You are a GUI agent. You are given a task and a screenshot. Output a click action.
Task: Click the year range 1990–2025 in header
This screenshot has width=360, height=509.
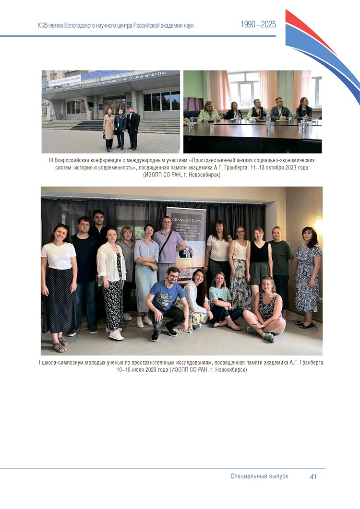pyautogui.click(x=258, y=25)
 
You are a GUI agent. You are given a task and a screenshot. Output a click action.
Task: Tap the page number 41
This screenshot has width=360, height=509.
pyautogui.click(x=313, y=476)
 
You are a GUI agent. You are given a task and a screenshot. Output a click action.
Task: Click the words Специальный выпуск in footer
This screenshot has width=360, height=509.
pyautogui.click(x=259, y=476)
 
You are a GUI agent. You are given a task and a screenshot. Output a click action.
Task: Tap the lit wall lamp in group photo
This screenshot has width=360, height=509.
pyautogui.click(x=319, y=225)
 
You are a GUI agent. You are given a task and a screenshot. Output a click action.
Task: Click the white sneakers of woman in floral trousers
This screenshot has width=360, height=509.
pyautogui.click(x=116, y=334)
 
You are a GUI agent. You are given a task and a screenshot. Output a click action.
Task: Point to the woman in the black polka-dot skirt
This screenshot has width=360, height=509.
pyautogui.click(x=58, y=283)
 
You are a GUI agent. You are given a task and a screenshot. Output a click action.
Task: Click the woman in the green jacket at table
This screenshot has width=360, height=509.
pyautogui.click(x=209, y=111)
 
